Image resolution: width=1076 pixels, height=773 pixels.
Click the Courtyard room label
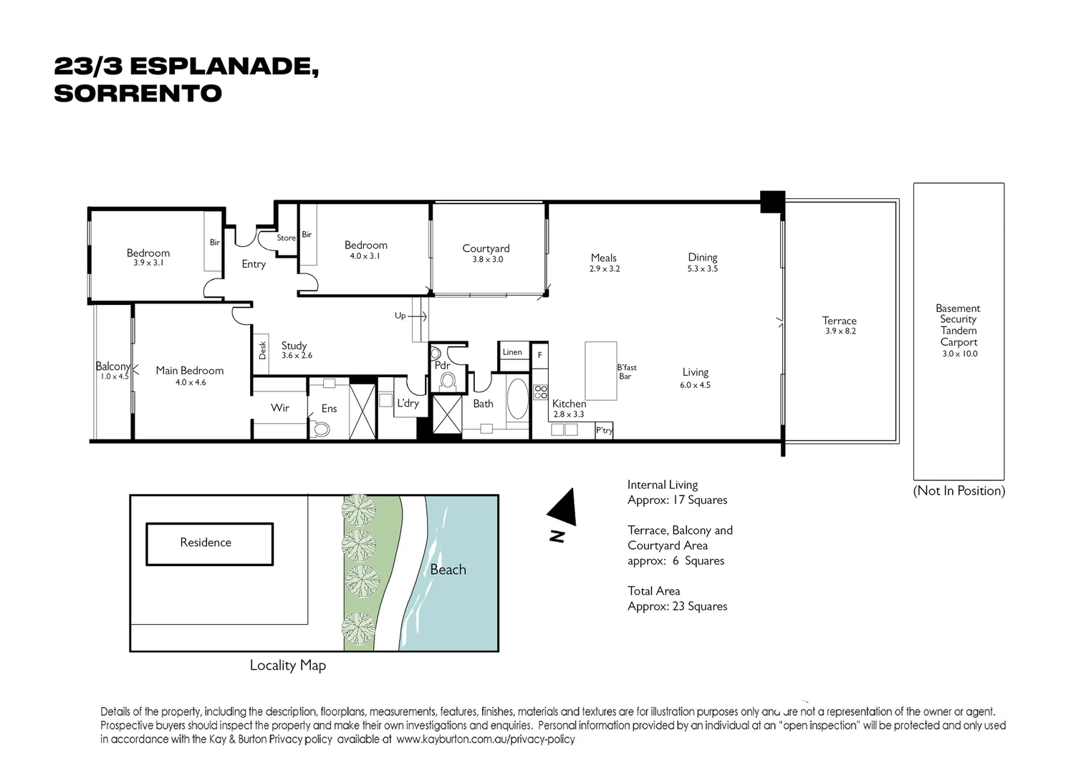[486, 248]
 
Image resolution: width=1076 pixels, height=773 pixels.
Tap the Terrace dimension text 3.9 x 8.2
[840, 331]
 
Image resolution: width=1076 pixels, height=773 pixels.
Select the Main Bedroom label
[190, 371]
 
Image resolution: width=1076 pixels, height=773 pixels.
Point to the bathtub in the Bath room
[517, 399]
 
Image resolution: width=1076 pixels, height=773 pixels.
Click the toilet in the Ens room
[320, 429]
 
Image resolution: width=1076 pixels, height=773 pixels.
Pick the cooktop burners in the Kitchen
[540, 392]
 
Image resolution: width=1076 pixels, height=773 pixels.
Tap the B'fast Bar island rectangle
[600, 371]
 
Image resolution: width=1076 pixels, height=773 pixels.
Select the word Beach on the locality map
[448, 570]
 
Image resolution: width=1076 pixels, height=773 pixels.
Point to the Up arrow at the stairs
[417, 316]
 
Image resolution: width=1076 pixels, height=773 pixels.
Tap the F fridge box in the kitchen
[540, 355]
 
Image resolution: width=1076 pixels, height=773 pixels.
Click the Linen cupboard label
[512, 352]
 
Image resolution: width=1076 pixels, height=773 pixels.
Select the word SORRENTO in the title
[138, 94]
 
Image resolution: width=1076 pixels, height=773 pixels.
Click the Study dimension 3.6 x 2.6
[297, 356]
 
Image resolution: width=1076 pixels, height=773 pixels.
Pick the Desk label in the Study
[262, 350]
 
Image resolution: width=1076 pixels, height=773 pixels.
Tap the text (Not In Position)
[959, 491]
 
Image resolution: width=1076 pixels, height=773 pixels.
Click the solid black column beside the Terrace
[772, 202]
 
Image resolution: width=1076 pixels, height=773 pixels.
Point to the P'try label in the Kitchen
[605, 430]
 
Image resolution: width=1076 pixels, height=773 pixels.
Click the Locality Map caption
[288, 666]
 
